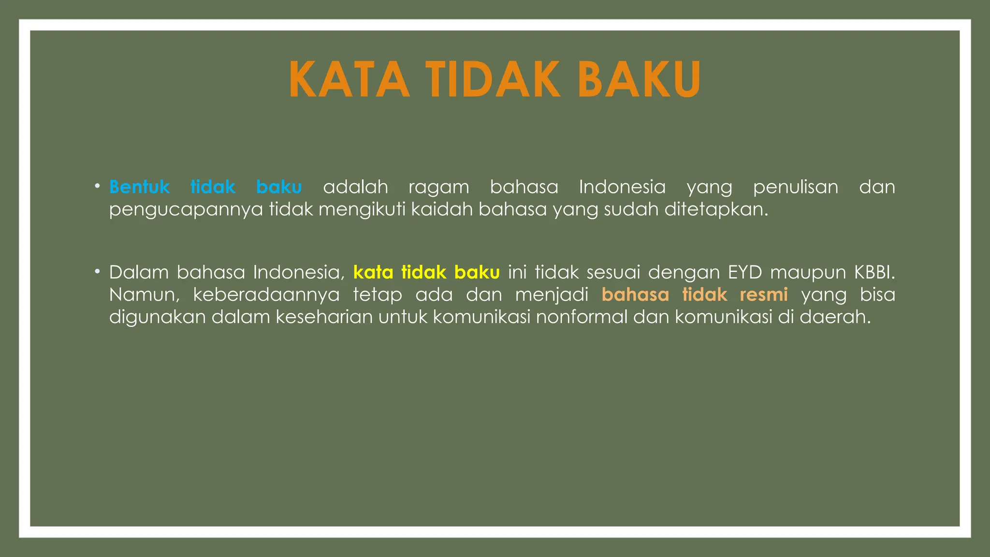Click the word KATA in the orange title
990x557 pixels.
(349, 79)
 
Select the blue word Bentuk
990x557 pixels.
(139, 187)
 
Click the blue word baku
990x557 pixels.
(279, 187)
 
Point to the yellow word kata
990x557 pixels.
(373, 273)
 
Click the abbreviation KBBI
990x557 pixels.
(874, 273)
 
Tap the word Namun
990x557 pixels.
(144, 295)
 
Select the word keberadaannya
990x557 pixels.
(266, 295)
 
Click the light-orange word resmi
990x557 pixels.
(764, 295)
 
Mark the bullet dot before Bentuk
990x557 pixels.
(98, 186)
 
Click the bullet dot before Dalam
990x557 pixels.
(98, 272)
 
